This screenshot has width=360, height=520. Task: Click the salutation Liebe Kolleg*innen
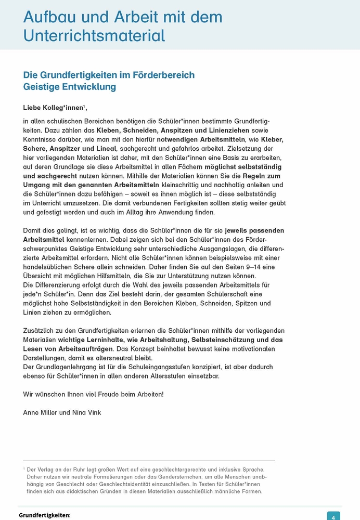(53, 108)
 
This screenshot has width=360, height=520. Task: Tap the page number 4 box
(333, 516)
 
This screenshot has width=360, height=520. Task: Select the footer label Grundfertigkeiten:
(44, 515)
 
